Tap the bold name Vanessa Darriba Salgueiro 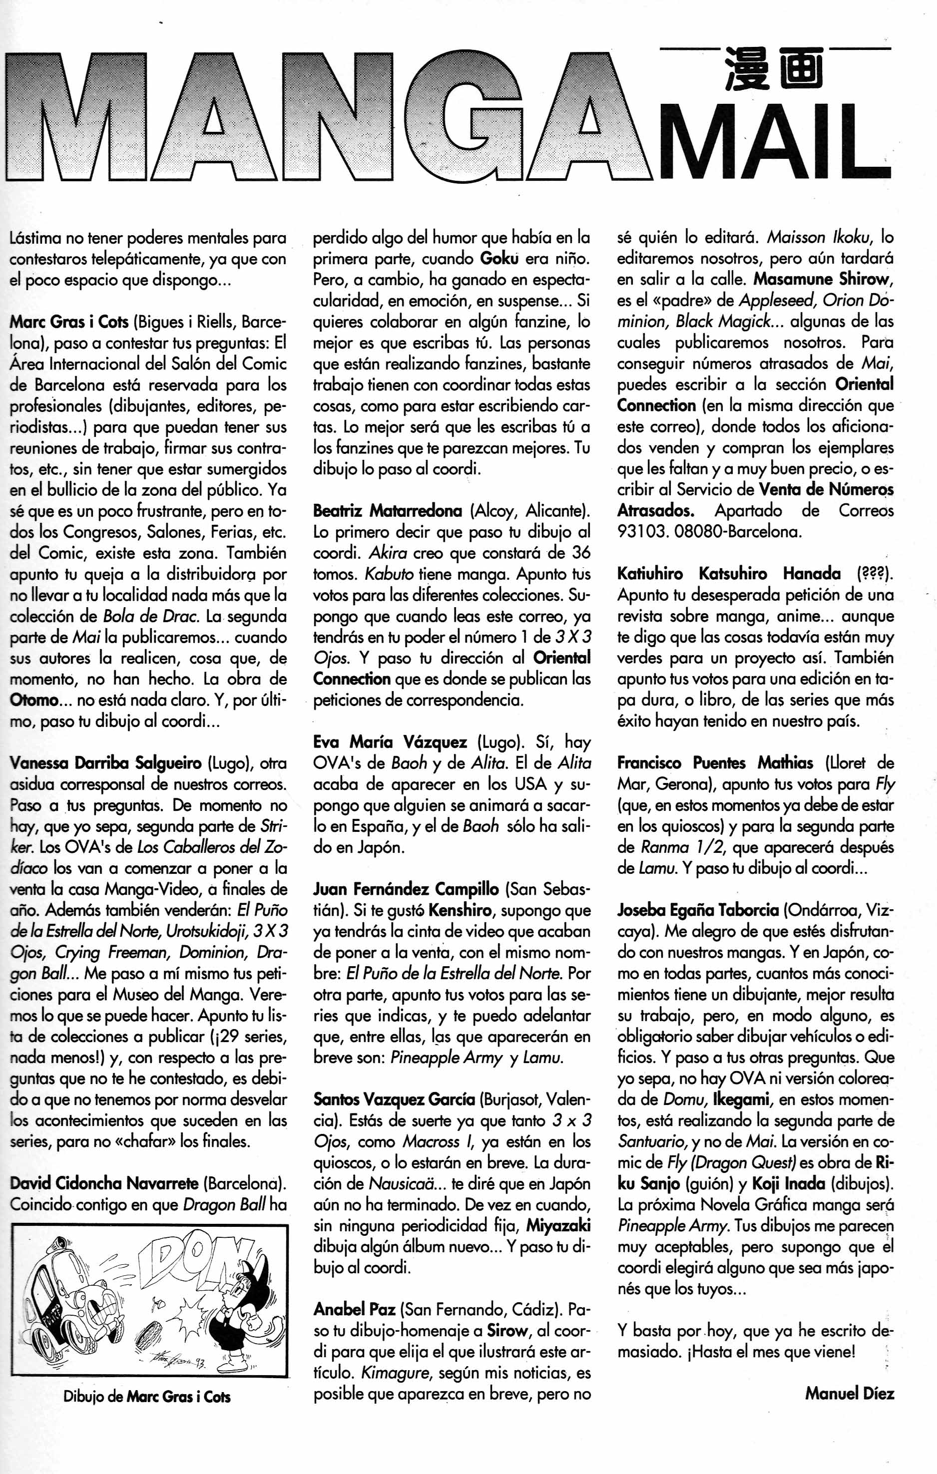pos(105,763)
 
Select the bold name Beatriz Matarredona pos(387,510)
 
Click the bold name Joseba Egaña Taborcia pos(698,910)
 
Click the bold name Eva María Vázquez pos(390,742)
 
